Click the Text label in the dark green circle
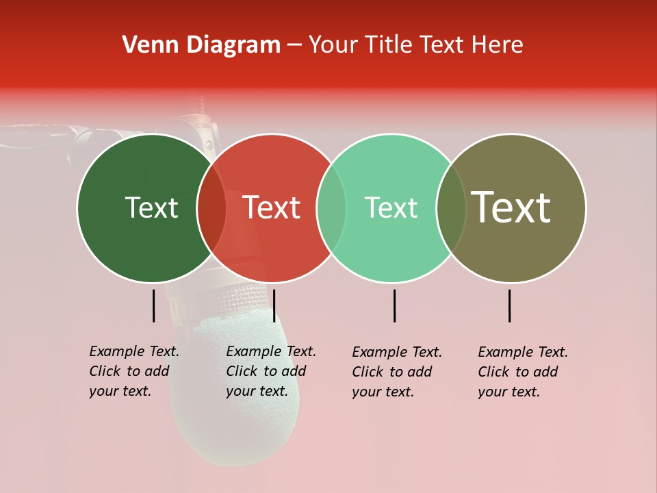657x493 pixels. tap(151, 207)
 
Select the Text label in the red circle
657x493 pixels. tap(272, 207)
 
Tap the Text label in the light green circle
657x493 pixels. tap(391, 207)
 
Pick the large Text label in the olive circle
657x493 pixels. tap(511, 207)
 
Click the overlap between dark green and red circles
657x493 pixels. tap(211, 207)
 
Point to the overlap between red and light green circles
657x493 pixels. tap(331, 207)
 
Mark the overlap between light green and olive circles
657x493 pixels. tap(451, 207)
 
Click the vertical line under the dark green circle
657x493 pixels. tap(153, 305)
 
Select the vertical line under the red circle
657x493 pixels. tap(274, 305)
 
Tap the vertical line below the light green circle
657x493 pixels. tap(394, 305)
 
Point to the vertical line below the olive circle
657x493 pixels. tap(509, 305)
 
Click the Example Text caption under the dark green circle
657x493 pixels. tap(134, 371)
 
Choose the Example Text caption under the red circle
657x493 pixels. tap(271, 371)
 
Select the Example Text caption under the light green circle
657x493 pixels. tap(397, 372)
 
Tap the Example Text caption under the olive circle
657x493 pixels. tap(523, 372)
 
